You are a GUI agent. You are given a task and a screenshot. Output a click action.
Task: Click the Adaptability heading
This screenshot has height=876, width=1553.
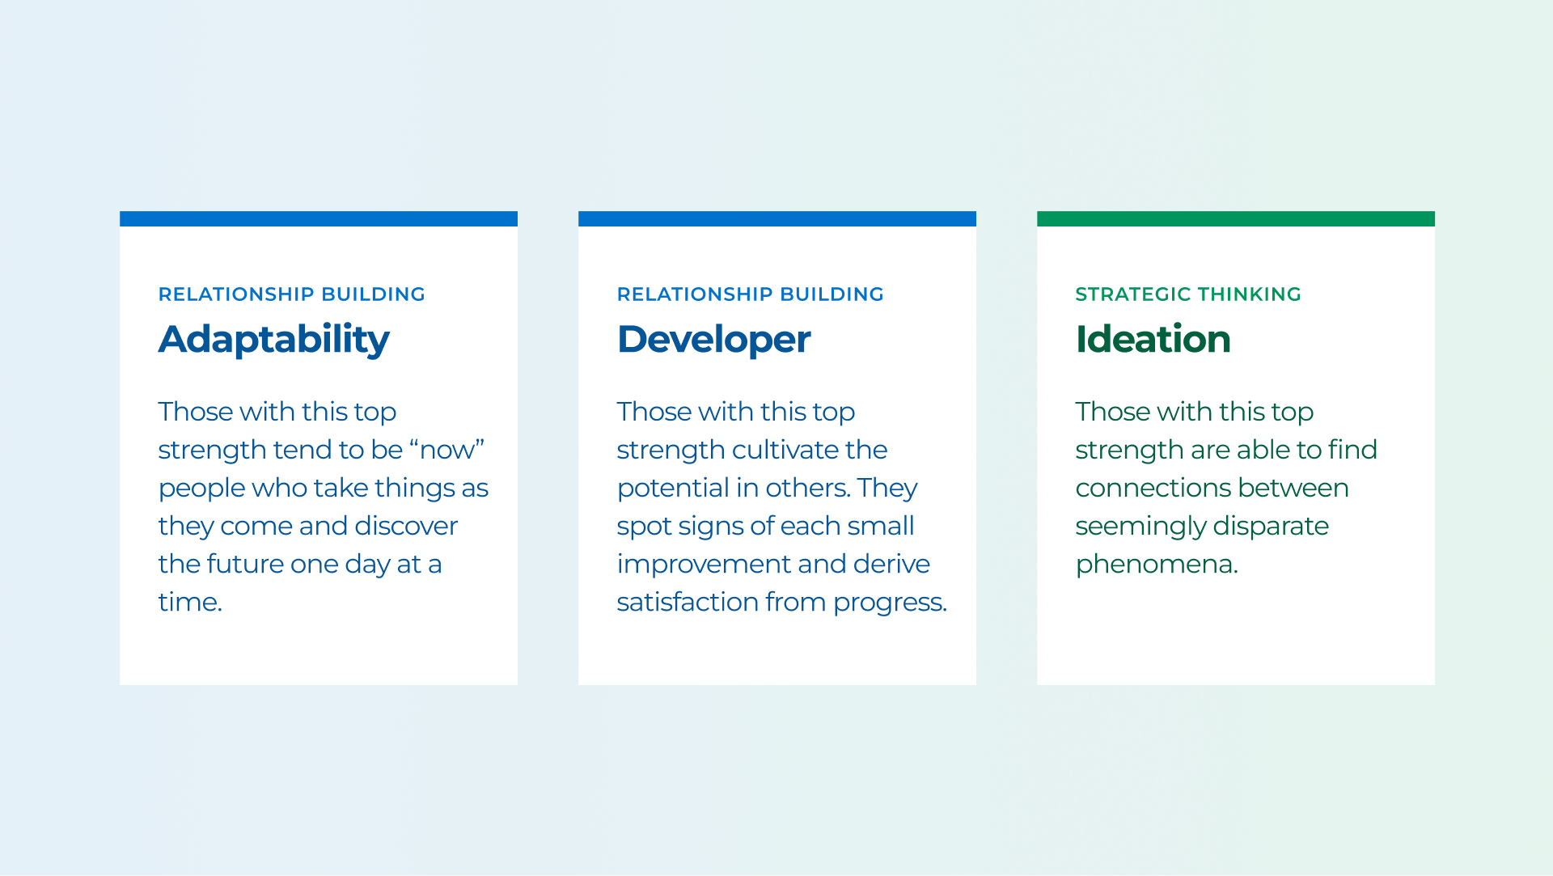coord(273,340)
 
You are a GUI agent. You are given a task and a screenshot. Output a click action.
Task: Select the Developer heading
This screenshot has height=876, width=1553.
coord(713,340)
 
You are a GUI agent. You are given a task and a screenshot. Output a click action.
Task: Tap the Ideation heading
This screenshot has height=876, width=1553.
coord(1153,339)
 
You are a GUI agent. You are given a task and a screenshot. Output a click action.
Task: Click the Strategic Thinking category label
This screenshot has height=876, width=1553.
coord(1188,294)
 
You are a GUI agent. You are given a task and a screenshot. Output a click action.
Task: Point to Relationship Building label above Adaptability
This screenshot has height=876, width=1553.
coord(291,294)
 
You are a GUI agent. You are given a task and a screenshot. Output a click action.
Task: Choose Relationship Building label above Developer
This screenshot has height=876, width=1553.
coord(750,294)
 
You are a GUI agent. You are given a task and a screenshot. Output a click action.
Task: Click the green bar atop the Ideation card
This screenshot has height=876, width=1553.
coord(1236,218)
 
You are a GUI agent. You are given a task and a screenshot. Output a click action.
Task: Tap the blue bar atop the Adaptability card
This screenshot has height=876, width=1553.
coord(319,218)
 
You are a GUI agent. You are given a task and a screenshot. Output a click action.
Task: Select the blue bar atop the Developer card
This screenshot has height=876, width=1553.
coord(777,218)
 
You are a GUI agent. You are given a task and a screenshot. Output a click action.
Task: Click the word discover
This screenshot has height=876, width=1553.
coord(406,526)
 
